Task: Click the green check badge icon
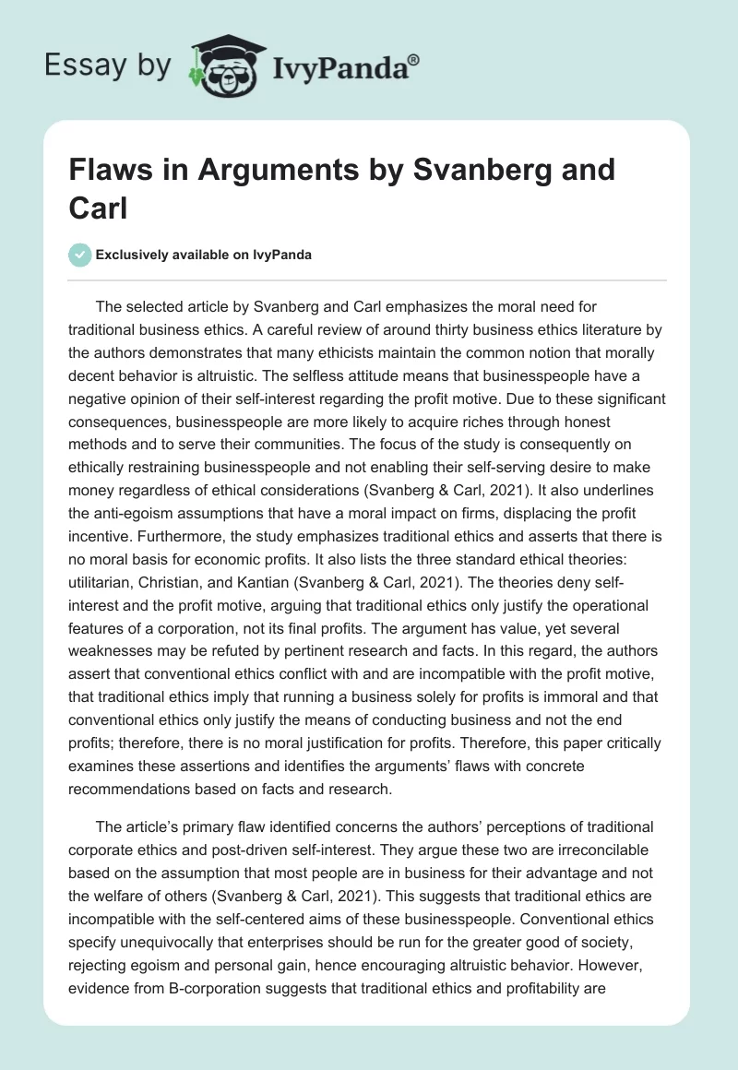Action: click(82, 255)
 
